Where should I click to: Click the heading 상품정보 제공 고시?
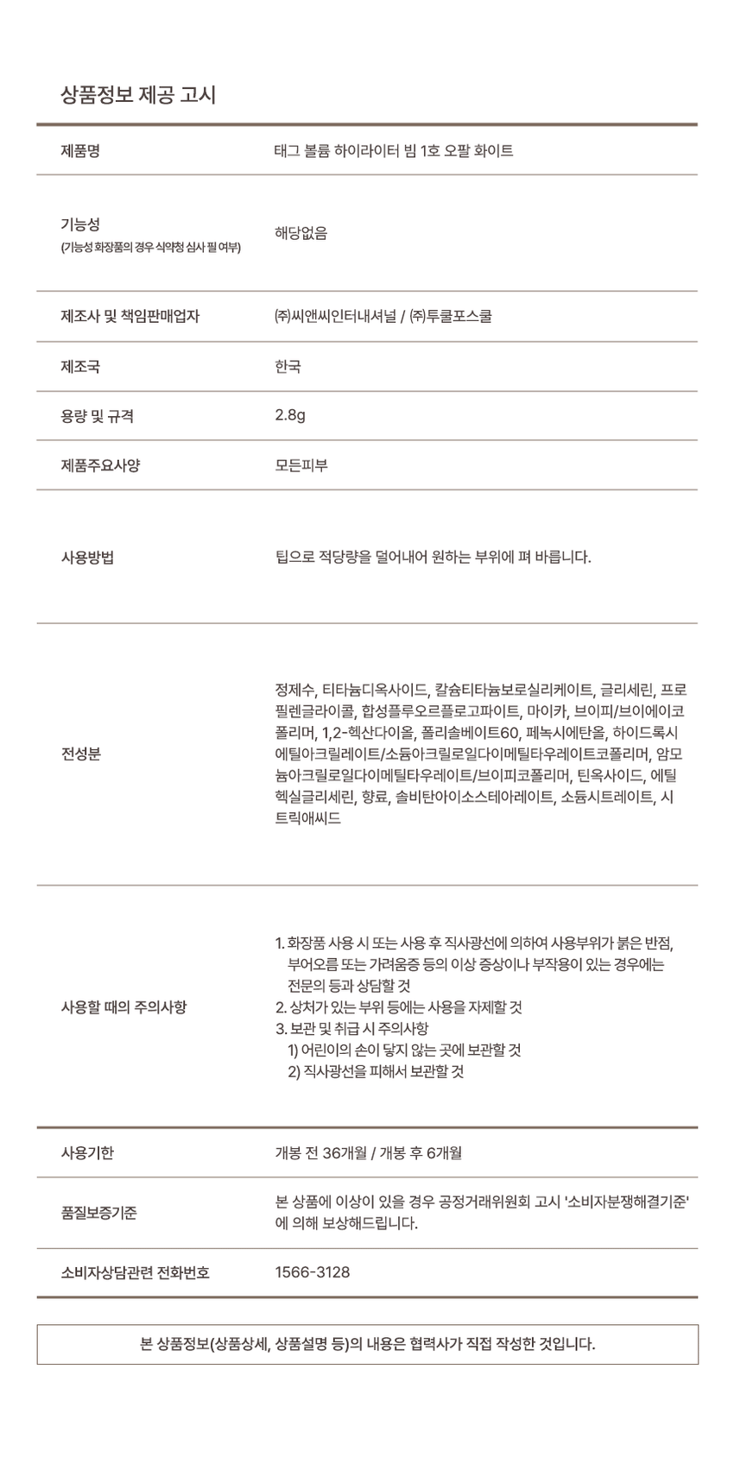(x=138, y=95)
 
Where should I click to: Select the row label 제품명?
(x=80, y=151)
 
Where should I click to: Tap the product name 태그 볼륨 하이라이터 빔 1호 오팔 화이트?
(x=394, y=151)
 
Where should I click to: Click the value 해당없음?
(x=301, y=233)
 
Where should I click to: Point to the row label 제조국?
(x=80, y=367)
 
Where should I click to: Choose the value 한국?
(x=288, y=367)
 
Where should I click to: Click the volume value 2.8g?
(x=290, y=415)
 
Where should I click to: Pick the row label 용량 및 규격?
(x=97, y=416)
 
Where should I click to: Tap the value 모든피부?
(x=301, y=465)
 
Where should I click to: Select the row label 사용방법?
(x=87, y=557)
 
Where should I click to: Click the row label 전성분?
(x=80, y=754)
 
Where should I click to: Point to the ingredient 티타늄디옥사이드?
(x=375, y=690)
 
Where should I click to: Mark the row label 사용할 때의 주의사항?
(x=123, y=1006)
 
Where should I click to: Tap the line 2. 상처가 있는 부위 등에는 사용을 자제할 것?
(x=398, y=1007)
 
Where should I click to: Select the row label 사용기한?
(x=87, y=1152)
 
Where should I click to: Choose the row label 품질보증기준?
(x=98, y=1213)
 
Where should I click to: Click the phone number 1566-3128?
(x=312, y=1272)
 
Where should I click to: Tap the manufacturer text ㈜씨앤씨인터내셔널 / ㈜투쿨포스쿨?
(x=383, y=316)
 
